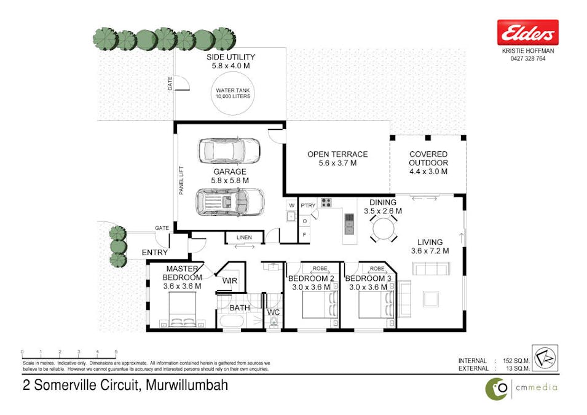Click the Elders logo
coord(527,33)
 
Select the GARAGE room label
coord(230,172)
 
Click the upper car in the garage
coord(229,150)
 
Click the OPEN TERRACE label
coord(337,154)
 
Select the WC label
coord(274,312)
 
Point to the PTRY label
coord(308,206)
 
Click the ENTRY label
coord(155,252)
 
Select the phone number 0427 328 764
coord(528,59)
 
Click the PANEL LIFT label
coord(181,180)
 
